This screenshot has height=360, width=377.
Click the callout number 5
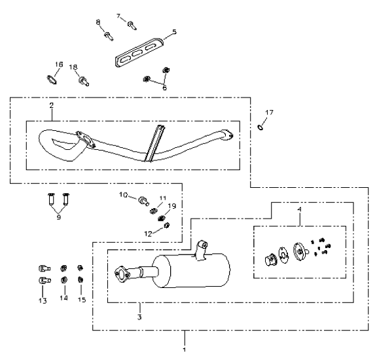174,31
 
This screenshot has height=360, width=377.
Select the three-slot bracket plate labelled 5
139,52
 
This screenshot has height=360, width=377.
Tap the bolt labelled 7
132,26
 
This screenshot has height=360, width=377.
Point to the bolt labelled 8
109,36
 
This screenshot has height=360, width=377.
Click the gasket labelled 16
52,80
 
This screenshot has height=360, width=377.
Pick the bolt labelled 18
84,81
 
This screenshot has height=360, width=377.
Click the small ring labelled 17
260,127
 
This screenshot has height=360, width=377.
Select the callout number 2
52,105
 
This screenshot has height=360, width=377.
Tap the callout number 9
59,217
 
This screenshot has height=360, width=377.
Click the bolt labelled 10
143,201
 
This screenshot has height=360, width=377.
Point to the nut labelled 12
167,226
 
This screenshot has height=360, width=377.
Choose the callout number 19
172,206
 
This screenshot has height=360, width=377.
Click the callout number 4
299,209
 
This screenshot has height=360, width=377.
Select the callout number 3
139,317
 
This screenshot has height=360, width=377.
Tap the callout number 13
43,300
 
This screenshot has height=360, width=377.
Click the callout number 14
63,298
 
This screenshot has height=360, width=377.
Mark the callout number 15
82,300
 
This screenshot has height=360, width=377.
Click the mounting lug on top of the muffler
201,250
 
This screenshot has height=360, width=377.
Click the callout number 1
185,350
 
